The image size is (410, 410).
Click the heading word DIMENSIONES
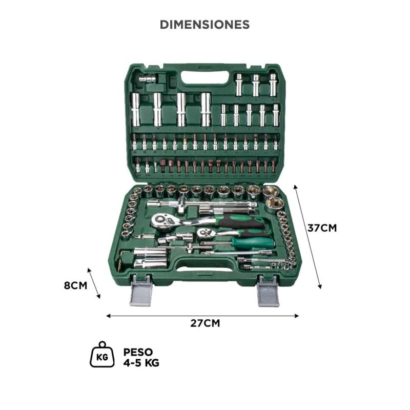pyautogui.click(x=204, y=25)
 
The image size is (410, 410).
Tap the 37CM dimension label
pyautogui.click(x=322, y=228)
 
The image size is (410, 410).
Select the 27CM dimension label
pyautogui.click(x=205, y=323)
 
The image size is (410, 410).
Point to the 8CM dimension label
pyautogui.click(x=75, y=285)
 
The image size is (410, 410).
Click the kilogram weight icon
pyautogui.click(x=102, y=354)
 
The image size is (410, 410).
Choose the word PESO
pyautogui.click(x=138, y=352)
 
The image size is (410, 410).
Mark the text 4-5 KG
pyautogui.click(x=141, y=363)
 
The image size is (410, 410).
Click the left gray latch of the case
pyautogui.click(x=141, y=290)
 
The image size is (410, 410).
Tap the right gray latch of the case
pyautogui.click(x=269, y=291)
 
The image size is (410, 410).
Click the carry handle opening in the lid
pyautogui.click(x=206, y=77)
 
